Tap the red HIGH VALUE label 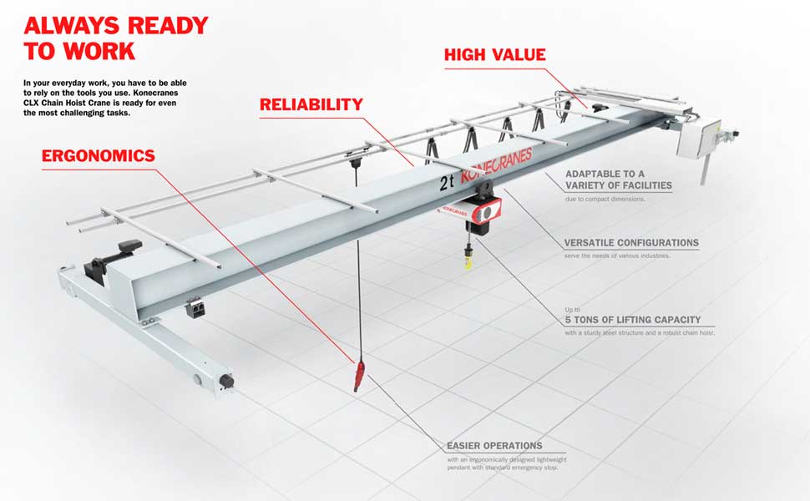[494, 55]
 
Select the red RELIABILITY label [311, 104]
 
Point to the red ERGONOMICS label [98, 155]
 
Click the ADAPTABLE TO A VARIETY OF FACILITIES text [618, 180]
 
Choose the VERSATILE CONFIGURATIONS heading [630, 243]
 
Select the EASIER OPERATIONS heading [494, 445]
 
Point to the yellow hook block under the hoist [468, 260]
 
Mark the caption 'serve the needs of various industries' [616, 256]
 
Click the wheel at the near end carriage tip [226, 382]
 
